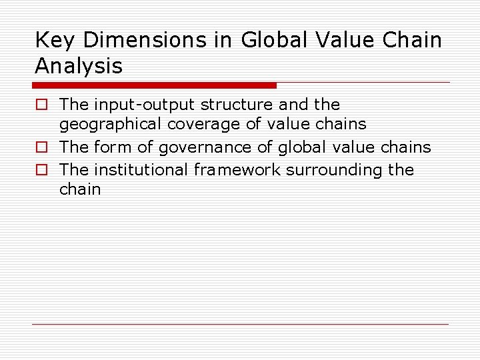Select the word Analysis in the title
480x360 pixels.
(x=79, y=67)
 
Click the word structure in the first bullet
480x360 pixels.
(x=236, y=105)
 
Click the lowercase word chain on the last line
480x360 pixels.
(x=80, y=189)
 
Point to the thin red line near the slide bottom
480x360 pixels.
(x=241, y=324)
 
